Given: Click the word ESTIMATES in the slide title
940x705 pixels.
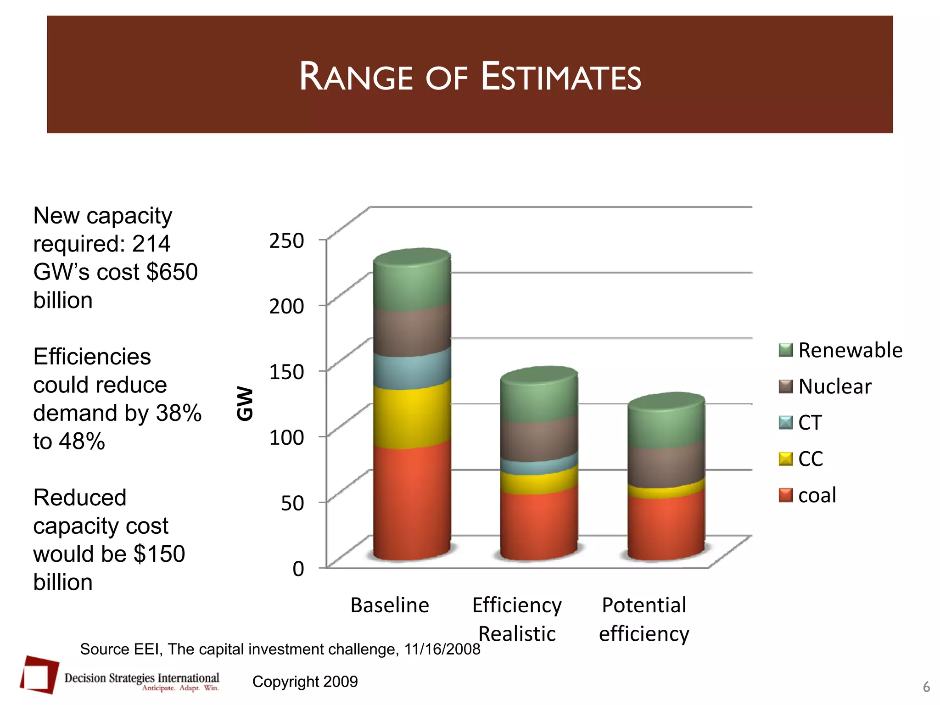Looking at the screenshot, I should click(x=560, y=77).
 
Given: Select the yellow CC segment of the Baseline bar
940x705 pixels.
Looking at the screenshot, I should click(x=412, y=415).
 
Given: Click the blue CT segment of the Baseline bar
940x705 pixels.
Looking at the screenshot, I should click(x=412, y=370).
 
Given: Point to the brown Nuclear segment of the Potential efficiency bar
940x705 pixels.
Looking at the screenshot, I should click(x=666, y=466).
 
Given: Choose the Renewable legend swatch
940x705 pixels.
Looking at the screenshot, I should click(x=786, y=350).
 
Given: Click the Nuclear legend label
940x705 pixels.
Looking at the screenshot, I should click(x=834, y=386).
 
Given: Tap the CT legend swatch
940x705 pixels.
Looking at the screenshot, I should click(x=786, y=423).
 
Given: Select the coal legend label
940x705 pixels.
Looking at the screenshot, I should click(x=817, y=495).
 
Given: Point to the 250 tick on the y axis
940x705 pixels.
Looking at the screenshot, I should click(x=286, y=241).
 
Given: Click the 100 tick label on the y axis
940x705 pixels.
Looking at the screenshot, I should click(x=286, y=437).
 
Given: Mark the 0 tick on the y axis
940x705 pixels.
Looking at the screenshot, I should click(x=298, y=569).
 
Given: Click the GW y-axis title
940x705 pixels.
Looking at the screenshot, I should click(x=245, y=403).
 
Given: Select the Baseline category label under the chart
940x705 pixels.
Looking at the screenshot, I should click(x=390, y=605).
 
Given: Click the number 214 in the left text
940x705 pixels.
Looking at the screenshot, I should click(x=151, y=244).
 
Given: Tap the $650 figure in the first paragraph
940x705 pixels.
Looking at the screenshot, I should click(x=172, y=272).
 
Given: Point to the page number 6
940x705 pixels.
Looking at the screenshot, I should click(x=926, y=687).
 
